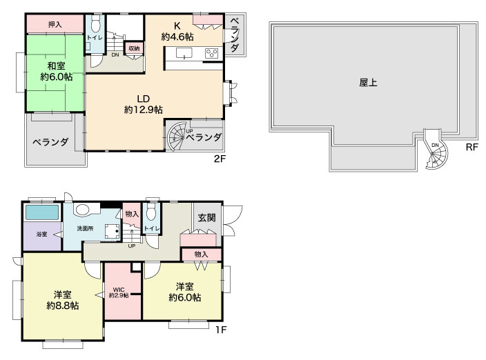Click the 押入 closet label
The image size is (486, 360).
(55, 24)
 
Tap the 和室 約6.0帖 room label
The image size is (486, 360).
(56, 71)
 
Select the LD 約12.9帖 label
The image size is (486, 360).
(143, 104)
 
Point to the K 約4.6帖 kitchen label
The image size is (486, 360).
(177, 31)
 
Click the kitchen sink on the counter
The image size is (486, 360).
(184, 53)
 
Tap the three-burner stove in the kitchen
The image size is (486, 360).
(212, 53)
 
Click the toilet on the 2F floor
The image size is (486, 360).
(95, 24)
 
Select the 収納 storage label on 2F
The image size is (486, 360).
(134, 48)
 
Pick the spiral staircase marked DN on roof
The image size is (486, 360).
(436, 150)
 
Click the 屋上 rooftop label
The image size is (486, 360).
(368, 83)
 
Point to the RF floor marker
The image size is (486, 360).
(472, 147)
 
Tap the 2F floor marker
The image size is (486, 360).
(220, 159)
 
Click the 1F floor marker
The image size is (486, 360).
(221, 330)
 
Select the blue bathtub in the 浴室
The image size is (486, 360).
(42, 212)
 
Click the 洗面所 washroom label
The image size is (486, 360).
(85, 228)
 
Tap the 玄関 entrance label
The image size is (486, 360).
(206, 218)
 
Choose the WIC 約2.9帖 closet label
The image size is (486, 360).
(119, 292)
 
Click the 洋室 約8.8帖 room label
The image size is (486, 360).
(62, 299)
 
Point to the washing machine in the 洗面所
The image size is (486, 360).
(113, 231)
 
